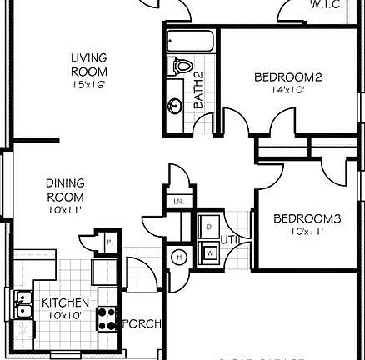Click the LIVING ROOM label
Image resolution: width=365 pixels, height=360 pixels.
coord(88,64)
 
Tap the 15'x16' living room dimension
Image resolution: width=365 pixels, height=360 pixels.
coord(88,84)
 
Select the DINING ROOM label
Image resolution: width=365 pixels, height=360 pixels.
coord(64,190)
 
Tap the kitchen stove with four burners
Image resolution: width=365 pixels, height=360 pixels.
coord(107,317)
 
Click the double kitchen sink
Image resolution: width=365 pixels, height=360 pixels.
coord(23,306)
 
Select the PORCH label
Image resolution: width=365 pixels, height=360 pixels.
coord(142,323)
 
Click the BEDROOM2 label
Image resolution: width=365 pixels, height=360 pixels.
coord(287,77)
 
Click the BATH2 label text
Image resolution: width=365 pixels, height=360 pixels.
coord(198,90)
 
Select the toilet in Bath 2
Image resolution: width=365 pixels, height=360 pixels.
coord(180,66)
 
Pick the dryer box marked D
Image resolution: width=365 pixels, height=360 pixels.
coord(208,226)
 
